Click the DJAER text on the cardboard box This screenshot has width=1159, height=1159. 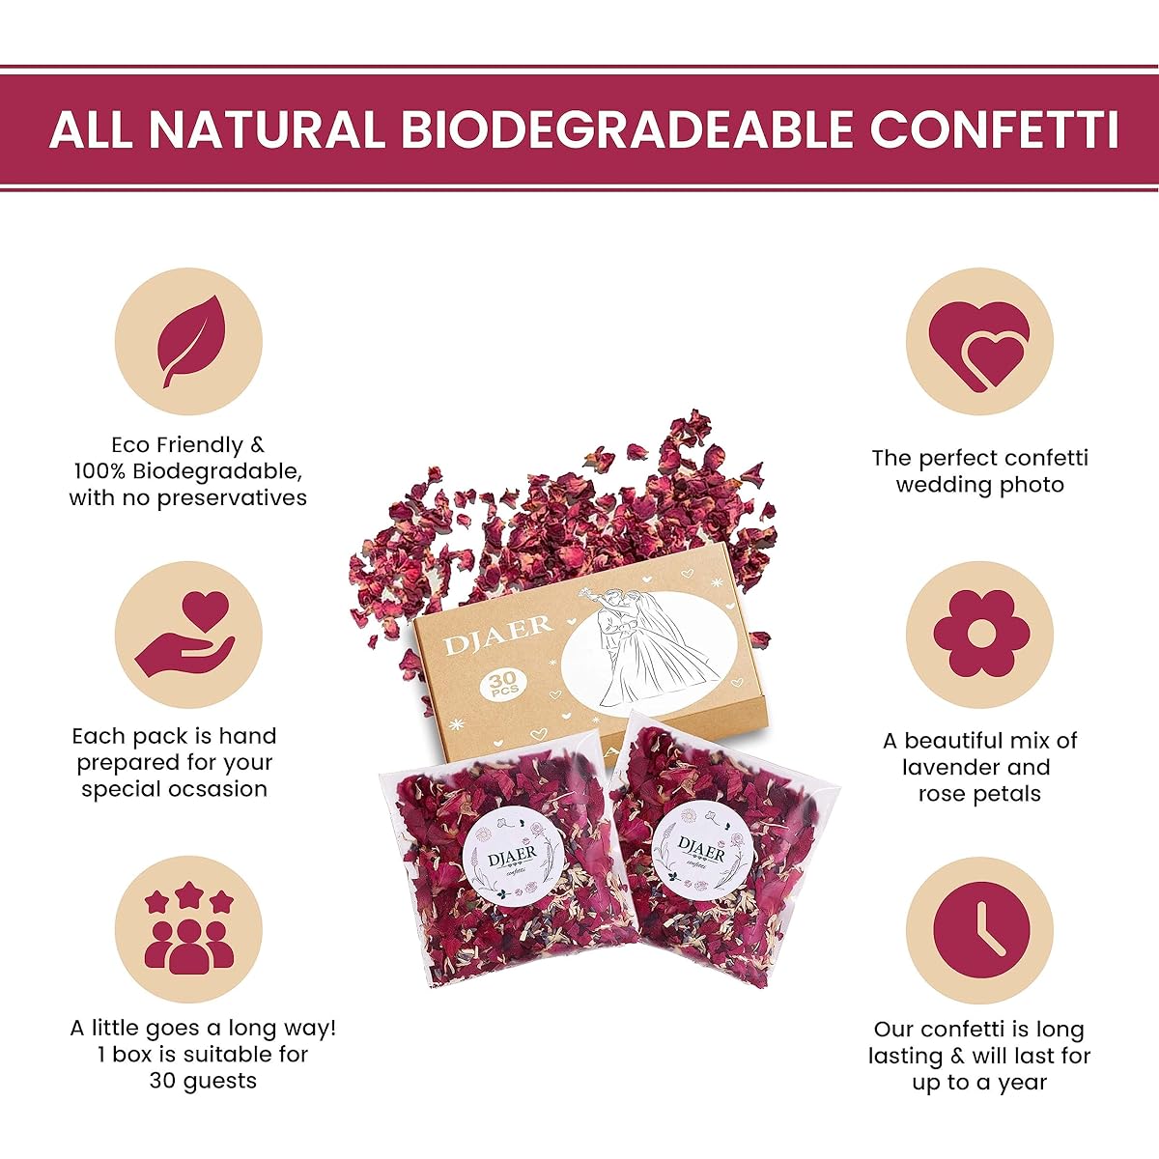(x=497, y=636)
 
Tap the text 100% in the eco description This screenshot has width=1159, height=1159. (x=99, y=471)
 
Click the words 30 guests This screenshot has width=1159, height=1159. (x=203, y=1080)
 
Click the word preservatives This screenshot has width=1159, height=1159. (x=232, y=498)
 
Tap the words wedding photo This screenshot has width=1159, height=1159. (x=979, y=485)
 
